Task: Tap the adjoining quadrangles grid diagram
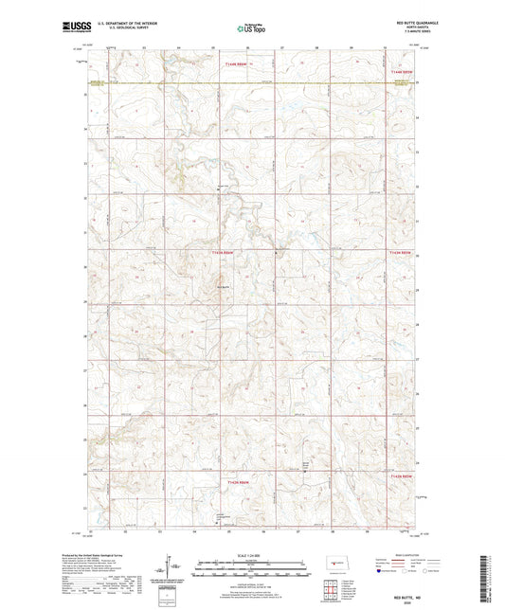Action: (329, 585)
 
